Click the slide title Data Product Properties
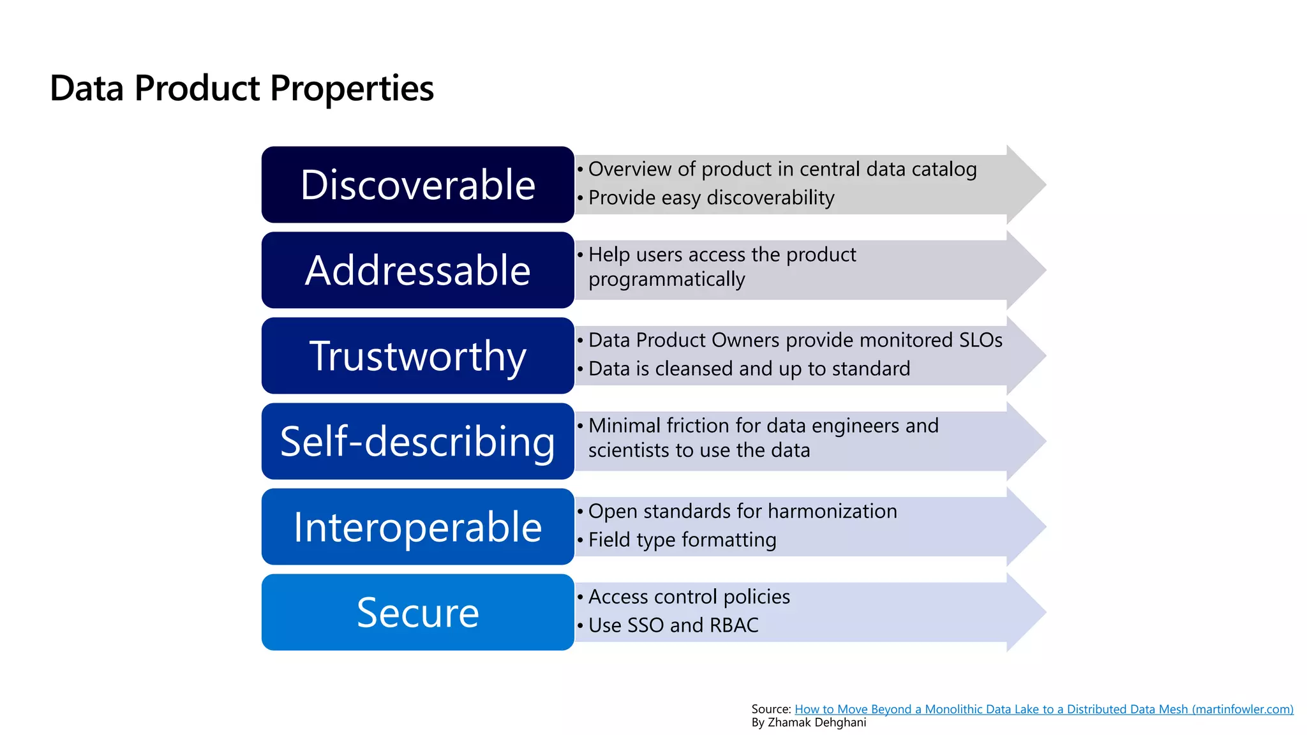point(241,88)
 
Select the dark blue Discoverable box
point(417,184)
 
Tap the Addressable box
point(417,270)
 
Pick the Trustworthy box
point(417,355)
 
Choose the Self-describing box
point(417,441)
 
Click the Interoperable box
point(417,526)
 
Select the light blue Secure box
point(417,612)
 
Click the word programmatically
point(666,279)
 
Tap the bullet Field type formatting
point(682,540)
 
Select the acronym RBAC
point(733,625)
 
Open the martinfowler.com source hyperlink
point(1043,709)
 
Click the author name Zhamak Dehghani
point(816,722)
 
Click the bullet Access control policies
point(689,597)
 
